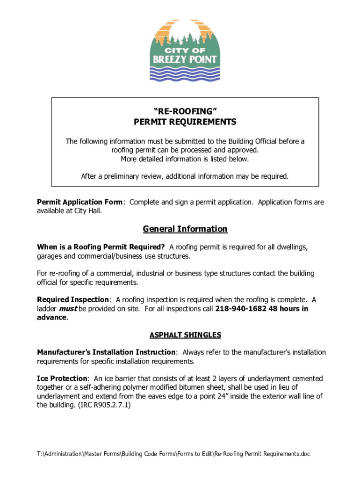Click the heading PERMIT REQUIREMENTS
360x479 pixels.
[x=185, y=122]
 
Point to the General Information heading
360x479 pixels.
[x=185, y=229]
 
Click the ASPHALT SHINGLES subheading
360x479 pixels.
[x=185, y=335]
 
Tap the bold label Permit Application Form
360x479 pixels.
[x=80, y=202]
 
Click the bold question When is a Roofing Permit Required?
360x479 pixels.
[x=101, y=247]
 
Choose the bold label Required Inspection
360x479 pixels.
[x=73, y=300]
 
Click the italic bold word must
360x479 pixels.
[x=67, y=309]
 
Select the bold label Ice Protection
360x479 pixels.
[x=62, y=378]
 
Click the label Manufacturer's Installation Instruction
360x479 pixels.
[x=107, y=352]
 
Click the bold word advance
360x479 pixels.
[x=52, y=318]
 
